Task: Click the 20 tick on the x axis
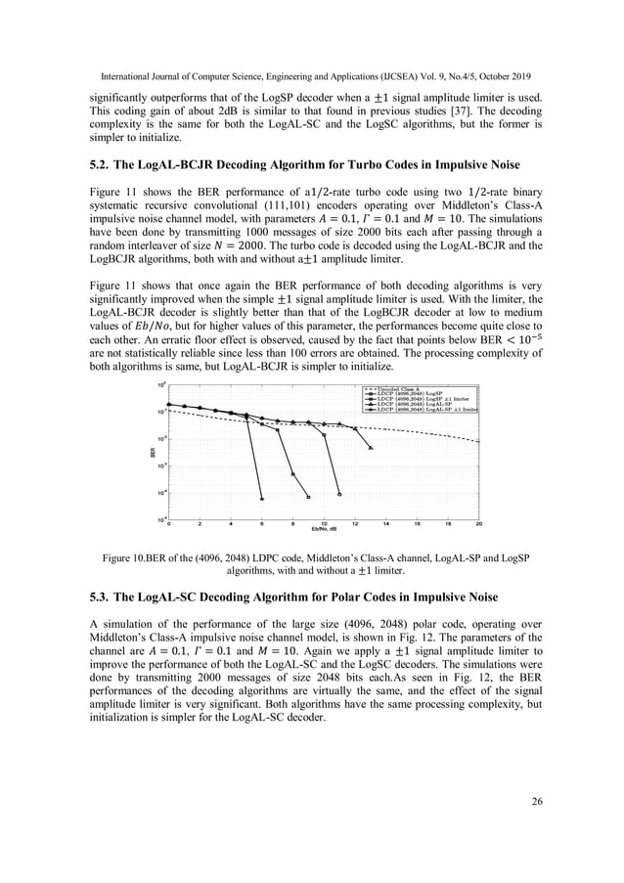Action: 479,524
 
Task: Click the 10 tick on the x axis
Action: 324,524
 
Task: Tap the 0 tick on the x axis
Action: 169,524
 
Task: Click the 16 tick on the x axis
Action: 417,524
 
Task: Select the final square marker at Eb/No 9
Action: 308,495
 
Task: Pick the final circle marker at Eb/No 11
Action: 339,495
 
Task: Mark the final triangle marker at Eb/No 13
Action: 371,448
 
